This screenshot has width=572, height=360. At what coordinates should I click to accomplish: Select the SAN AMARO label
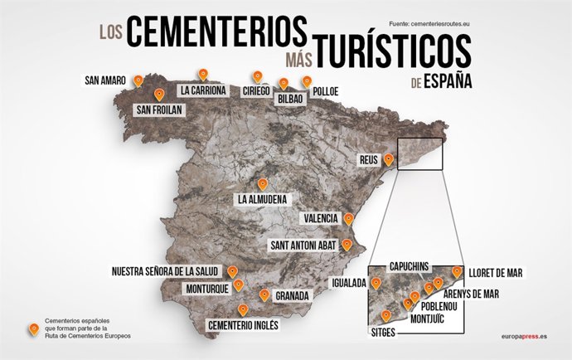(104, 81)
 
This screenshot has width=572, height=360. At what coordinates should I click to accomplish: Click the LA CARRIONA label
(203, 90)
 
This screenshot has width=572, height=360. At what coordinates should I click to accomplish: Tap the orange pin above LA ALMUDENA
(263, 184)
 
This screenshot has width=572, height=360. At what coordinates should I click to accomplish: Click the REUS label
(366, 159)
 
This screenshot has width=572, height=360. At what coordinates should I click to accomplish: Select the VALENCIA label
(321, 218)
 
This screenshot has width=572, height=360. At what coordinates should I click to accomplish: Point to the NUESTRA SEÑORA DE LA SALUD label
(167, 271)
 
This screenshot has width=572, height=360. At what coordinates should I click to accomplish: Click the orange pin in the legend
(34, 329)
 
